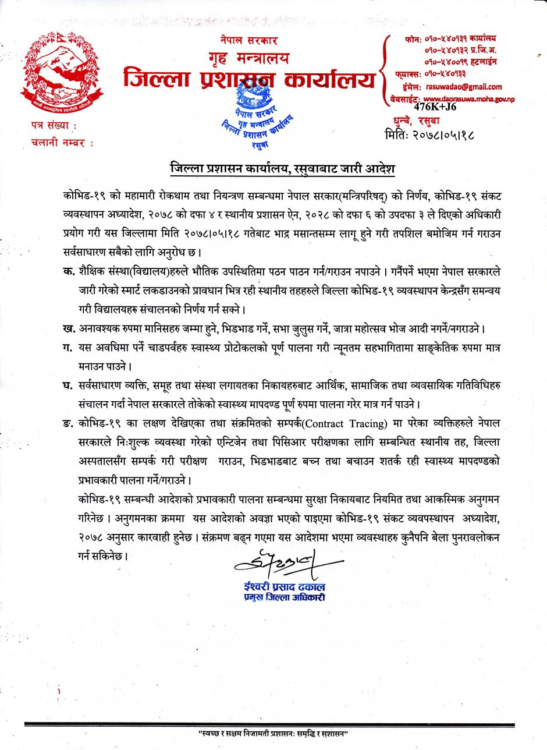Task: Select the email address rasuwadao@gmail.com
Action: tap(464, 86)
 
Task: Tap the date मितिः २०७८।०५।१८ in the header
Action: tap(430, 136)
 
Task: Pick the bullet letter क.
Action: tap(68, 272)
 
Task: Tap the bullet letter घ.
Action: tap(68, 387)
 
